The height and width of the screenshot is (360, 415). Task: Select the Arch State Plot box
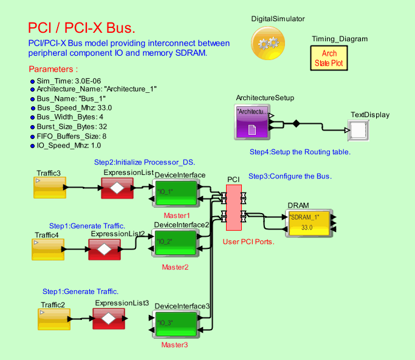[329, 58]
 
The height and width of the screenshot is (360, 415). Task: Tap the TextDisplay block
[357, 129]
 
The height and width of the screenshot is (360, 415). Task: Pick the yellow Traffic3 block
[49, 188]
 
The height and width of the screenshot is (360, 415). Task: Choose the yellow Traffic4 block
[47, 250]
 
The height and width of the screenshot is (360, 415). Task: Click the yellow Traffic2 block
[53, 319]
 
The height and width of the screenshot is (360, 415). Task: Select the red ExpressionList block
[117, 188]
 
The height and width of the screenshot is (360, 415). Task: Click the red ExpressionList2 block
[105, 248]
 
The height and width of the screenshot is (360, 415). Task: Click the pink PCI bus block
[233, 207]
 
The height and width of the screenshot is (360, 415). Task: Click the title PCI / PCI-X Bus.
[82, 29]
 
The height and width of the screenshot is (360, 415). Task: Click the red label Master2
[175, 267]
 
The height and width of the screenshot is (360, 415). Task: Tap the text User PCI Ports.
[250, 242]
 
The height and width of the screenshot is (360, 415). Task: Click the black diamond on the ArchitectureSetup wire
[297, 124]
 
